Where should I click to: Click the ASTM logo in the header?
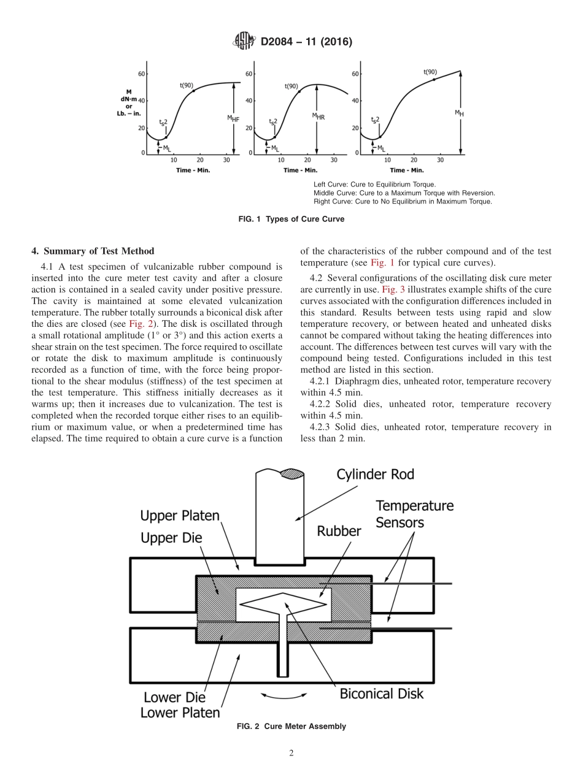point(245,42)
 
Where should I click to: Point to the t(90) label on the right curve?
point(431,72)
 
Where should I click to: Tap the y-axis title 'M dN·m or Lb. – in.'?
point(129,102)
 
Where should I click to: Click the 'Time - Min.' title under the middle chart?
point(300,170)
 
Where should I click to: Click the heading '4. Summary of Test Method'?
point(93,251)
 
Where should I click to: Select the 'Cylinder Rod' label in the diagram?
point(375,475)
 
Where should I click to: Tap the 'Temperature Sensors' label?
point(414,514)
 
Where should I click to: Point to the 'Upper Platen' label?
point(180,515)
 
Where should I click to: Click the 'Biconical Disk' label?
point(381,694)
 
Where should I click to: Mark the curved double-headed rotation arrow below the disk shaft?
point(284,695)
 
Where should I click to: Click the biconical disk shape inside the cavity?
point(282,603)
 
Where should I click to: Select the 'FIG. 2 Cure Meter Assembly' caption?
point(291,727)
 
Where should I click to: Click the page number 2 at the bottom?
point(291,754)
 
